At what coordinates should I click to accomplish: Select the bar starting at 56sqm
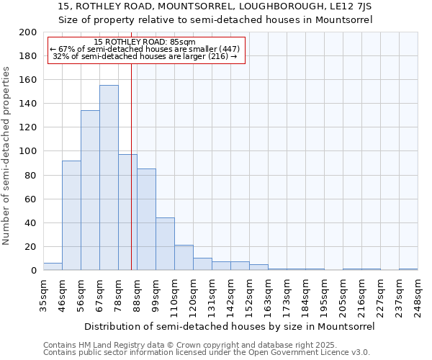coord(90,191)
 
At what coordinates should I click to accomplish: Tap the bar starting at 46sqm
coord(71,215)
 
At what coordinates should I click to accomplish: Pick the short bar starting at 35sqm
coord(53,266)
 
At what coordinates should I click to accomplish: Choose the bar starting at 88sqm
coord(146,220)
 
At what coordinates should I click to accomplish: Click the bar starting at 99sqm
coord(165,244)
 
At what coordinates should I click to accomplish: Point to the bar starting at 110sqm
coord(184,258)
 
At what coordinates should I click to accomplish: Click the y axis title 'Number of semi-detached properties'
coord(7,156)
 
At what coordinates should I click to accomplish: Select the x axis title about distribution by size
coord(230,326)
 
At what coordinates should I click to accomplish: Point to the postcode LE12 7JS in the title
coord(349,6)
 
